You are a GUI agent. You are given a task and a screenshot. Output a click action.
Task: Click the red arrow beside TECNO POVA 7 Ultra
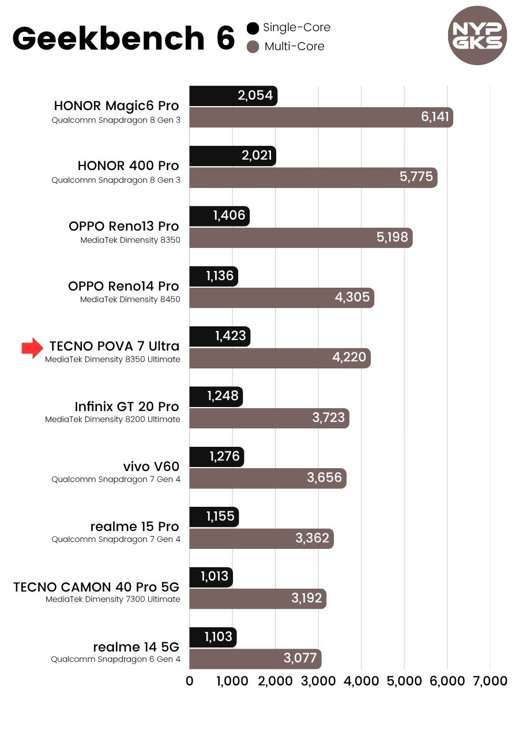[32, 348]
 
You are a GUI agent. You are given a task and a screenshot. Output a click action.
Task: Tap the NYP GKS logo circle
[477, 36]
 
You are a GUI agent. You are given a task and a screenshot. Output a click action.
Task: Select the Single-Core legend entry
[289, 28]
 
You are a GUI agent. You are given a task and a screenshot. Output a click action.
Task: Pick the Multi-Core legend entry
[286, 47]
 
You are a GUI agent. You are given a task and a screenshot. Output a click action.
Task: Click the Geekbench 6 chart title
[123, 38]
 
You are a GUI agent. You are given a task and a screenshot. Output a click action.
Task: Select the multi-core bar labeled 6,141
[321, 117]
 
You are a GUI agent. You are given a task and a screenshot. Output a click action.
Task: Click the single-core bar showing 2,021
[232, 156]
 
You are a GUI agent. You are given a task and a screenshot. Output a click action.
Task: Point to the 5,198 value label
[392, 237]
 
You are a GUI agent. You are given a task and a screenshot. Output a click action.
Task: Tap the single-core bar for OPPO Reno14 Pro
[213, 276]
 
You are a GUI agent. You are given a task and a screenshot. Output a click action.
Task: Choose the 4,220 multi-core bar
[280, 357]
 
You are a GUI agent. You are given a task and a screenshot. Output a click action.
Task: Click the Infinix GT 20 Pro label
[127, 406]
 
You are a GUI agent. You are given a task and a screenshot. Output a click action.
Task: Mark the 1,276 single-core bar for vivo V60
[216, 457]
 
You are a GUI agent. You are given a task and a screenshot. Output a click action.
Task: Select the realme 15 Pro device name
[134, 526]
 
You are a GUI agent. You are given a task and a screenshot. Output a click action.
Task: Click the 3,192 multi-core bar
[258, 598]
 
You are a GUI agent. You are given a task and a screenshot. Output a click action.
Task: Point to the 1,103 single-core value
[218, 637]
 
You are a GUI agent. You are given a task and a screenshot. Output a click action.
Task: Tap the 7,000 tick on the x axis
[490, 681]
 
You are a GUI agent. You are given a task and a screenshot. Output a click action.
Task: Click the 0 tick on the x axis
[190, 681]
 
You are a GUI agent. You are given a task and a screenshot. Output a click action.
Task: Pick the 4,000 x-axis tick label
[361, 681]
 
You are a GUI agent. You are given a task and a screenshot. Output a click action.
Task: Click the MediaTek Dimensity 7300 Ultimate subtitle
[113, 600]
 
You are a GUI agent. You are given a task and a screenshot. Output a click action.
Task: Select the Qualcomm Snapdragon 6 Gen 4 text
[115, 660]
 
